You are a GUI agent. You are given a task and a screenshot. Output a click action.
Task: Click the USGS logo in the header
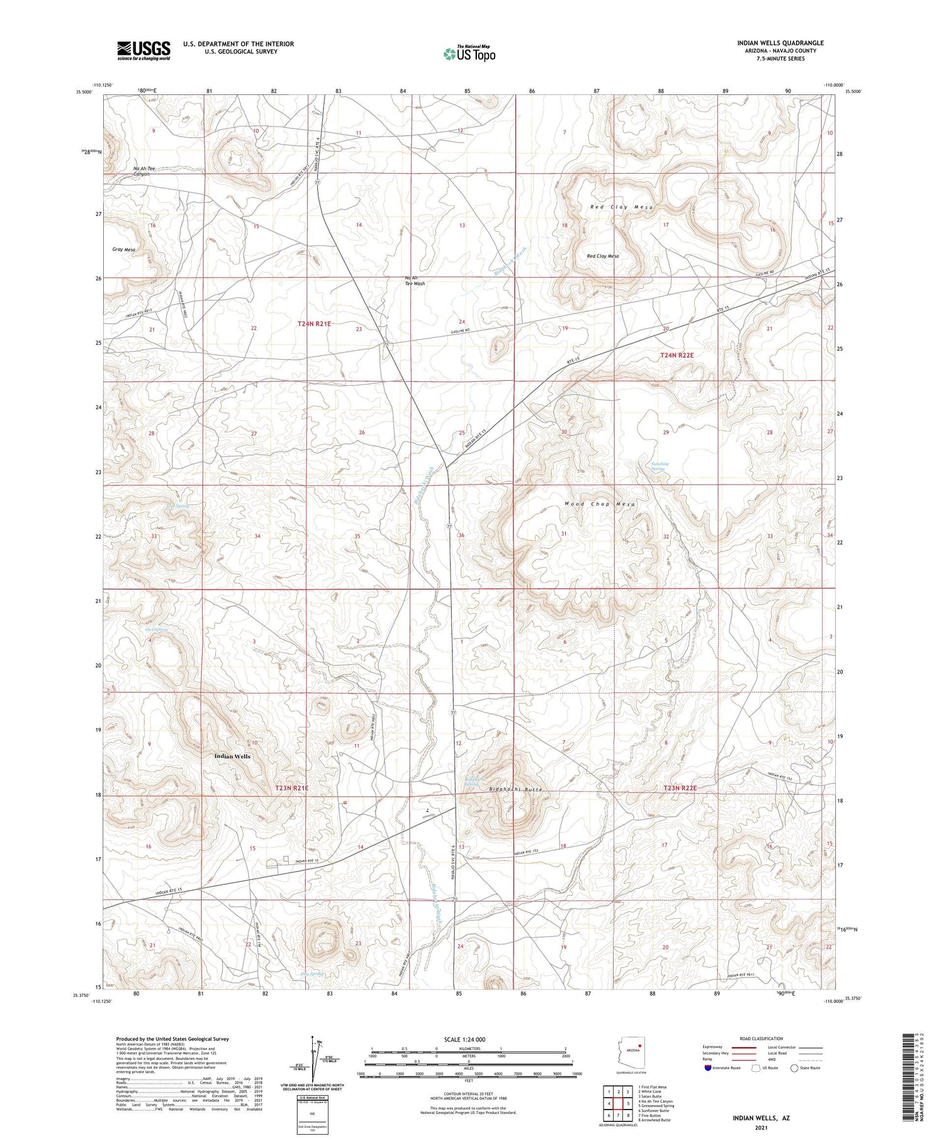[x=143, y=50]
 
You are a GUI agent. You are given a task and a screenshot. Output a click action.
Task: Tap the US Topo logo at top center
[x=469, y=53]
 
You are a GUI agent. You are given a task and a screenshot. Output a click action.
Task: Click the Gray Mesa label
[x=123, y=250]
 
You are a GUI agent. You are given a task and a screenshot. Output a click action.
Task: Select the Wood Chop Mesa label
[x=600, y=504]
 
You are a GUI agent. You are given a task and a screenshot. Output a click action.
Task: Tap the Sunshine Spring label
[x=660, y=466]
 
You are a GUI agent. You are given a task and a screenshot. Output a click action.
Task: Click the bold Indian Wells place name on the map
[x=232, y=756]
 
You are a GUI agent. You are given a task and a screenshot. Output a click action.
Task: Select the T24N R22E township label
[x=677, y=356]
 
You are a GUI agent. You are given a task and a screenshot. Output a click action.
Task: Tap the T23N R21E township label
[x=291, y=788]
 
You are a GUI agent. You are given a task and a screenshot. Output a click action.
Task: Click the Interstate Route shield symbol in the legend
[x=708, y=1068]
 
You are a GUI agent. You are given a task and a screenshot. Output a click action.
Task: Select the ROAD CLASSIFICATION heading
[x=761, y=1038]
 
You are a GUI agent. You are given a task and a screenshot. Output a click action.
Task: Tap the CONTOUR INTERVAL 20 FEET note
[x=468, y=1094]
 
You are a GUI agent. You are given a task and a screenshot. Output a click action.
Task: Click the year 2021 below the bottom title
[x=760, y=1128]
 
